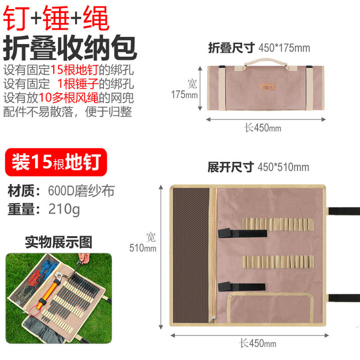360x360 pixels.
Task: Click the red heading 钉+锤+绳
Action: (x=56, y=18)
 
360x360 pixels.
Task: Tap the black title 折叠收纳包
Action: (x=70, y=48)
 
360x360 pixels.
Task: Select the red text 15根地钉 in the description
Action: (x=74, y=69)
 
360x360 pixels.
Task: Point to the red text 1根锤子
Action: (x=78, y=83)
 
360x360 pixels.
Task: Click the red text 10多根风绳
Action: (x=68, y=98)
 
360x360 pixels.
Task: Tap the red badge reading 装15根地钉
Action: (x=56, y=162)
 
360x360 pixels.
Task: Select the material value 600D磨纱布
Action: (x=81, y=191)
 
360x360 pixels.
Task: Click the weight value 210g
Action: (x=64, y=209)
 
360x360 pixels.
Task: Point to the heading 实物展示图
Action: (x=58, y=242)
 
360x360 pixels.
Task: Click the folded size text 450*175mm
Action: (x=284, y=48)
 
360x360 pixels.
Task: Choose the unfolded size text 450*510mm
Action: (x=283, y=167)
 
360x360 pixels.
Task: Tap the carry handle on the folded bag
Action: (x=266, y=62)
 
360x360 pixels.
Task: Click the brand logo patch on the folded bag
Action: (x=267, y=87)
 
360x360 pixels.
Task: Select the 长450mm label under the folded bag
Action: (x=262, y=127)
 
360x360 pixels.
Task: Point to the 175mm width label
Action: (x=184, y=94)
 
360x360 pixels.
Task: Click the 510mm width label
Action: (x=142, y=248)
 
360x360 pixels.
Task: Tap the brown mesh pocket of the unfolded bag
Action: (x=191, y=255)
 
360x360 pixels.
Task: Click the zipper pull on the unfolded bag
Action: (x=212, y=319)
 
